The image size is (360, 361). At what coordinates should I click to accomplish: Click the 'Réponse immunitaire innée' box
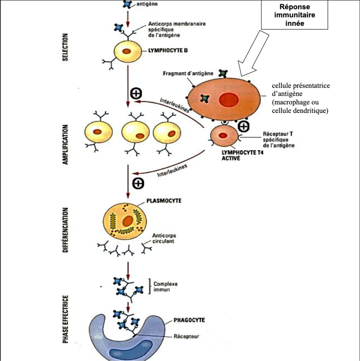click(294, 15)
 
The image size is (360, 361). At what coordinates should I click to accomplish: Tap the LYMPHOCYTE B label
click(168, 50)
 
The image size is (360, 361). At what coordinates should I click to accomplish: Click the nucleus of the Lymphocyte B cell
click(127, 52)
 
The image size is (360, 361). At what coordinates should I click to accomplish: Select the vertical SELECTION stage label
click(65, 47)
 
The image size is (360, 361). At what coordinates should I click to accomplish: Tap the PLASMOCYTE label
click(164, 200)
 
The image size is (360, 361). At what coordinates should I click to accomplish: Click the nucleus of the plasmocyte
click(128, 221)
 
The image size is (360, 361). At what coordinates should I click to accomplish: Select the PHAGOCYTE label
click(189, 320)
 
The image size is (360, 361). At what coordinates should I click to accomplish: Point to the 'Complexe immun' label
click(165, 287)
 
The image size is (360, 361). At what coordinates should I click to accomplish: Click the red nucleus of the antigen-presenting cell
click(229, 100)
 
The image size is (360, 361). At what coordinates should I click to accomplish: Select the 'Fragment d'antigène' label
click(188, 73)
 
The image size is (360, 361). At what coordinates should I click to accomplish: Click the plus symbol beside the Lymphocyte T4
click(244, 127)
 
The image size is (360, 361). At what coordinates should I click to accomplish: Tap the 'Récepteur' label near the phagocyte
click(186, 336)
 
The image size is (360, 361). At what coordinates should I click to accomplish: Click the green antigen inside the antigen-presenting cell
click(205, 98)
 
